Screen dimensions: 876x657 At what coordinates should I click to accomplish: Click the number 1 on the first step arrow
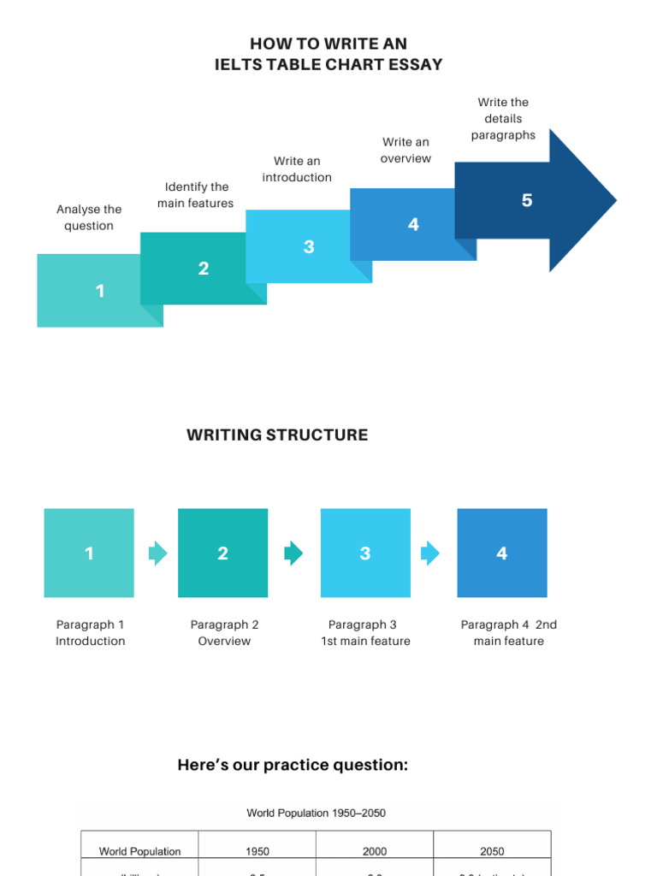100,292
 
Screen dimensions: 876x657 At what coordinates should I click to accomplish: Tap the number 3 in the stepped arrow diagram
309,247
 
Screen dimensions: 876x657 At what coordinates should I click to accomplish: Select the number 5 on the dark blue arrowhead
527,200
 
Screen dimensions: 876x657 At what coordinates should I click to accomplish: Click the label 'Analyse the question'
89,217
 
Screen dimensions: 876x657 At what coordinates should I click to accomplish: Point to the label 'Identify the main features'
196,195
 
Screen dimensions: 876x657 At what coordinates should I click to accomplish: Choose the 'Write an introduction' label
297,169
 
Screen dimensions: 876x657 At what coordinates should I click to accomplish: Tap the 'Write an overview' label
405,150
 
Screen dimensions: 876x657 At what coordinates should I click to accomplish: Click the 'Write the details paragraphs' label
503,119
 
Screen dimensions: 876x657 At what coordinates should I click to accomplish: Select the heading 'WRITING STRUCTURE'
277,435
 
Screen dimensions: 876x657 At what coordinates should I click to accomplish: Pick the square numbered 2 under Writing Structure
222,553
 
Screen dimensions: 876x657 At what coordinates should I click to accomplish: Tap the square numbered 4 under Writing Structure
502,553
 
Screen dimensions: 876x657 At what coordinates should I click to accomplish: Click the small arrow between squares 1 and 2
157,553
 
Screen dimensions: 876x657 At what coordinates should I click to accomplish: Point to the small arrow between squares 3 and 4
429,553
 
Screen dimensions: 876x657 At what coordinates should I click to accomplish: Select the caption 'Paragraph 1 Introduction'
91,633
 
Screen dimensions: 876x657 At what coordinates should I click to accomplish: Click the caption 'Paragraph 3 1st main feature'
365,633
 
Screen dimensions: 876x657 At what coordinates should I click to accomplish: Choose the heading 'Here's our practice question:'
293,765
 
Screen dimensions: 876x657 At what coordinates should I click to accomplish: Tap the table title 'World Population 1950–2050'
317,813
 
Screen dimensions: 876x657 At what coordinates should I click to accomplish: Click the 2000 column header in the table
374,851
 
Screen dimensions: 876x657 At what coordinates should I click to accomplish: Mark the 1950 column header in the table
257,851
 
